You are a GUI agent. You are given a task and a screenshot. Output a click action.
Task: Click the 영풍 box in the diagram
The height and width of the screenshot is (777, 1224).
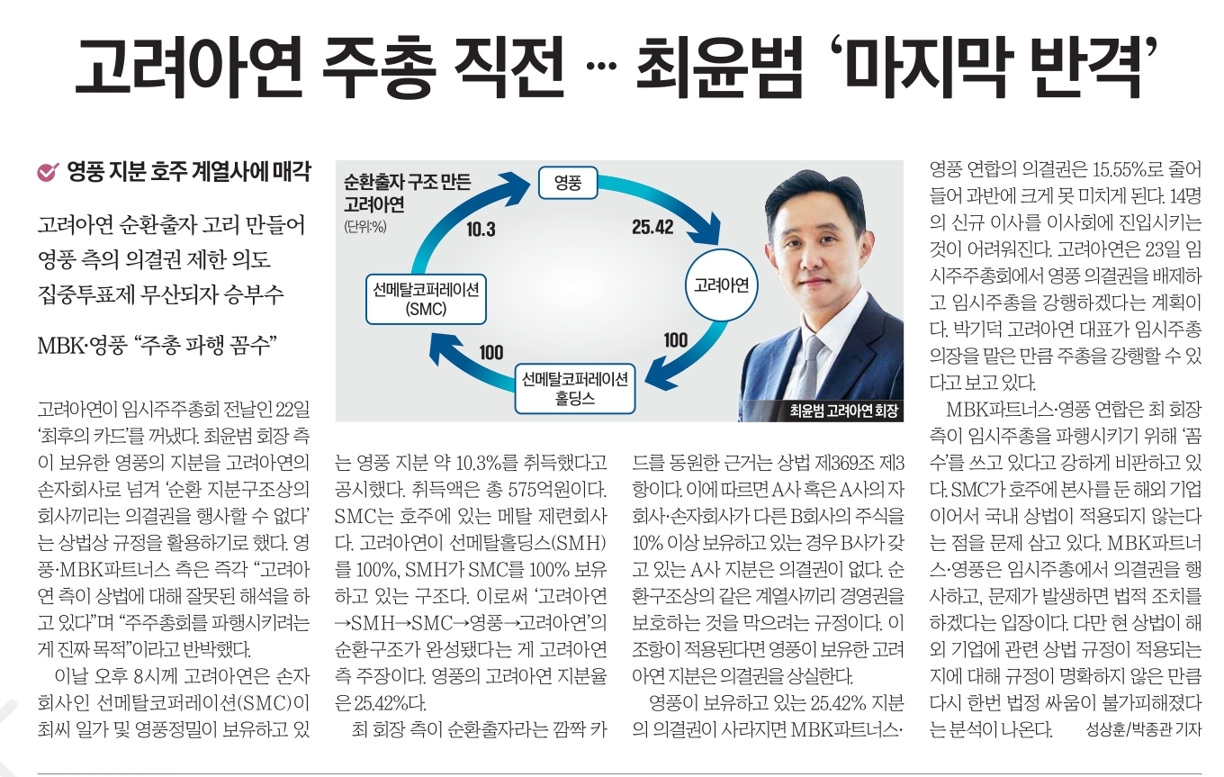(x=568, y=184)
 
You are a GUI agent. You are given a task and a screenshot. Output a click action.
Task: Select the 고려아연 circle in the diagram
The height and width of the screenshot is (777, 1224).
(x=722, y=285)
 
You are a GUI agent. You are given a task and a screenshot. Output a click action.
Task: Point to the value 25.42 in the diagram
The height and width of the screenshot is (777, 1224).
(x=652, y=228)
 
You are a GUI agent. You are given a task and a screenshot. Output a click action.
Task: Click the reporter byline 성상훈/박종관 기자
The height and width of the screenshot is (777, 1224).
(x=1143, y=730)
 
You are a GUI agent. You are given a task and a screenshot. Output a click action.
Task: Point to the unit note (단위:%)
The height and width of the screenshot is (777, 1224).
(x=364, y=227)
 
